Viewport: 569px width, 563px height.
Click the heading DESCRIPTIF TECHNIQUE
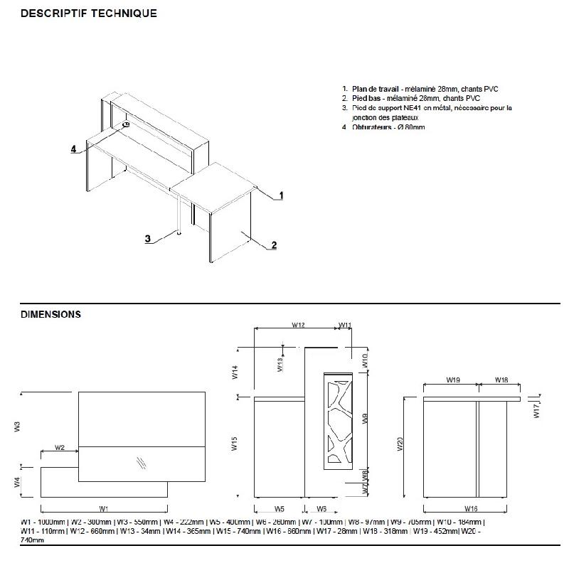tap(89, 14)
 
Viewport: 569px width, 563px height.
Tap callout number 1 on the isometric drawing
tap(282, 195)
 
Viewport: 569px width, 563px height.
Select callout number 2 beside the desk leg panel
tap(274, 245)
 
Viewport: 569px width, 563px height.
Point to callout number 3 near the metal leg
tap(148, 239)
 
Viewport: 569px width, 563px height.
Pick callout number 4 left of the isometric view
tap(73, 149)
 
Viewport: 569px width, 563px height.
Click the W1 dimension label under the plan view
tap(104, 508)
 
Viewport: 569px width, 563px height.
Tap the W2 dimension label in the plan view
tap(60, 448)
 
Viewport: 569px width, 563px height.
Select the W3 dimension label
tap(16, 427)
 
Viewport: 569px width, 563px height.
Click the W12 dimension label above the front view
tap(298, 325)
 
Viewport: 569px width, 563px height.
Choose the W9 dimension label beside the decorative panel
tap(365, 419)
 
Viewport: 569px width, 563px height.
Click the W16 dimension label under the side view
tap(470, 508)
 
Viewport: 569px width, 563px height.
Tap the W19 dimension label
tap(452, 380)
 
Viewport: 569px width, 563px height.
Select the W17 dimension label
tap(538, 410)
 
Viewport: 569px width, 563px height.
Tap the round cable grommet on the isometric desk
tap(126, 125)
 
